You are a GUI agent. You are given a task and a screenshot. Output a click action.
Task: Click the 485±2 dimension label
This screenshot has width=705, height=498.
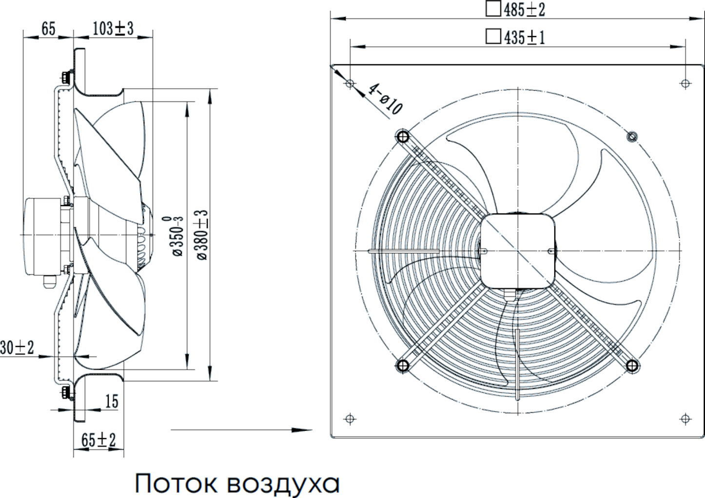click(524, 10)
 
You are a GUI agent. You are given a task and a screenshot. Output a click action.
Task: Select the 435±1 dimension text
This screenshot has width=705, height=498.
click(524, 38)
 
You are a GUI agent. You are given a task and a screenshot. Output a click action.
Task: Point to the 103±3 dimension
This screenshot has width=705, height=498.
click(113, 29)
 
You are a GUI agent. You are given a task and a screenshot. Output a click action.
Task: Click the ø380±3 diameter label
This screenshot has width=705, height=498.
click(203, 235)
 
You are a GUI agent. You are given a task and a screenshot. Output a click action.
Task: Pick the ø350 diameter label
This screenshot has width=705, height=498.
click(177, 236)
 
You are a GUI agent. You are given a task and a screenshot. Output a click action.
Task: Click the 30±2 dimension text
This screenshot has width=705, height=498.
click(17, 348)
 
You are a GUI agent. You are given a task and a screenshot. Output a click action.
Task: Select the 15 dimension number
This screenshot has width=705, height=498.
click(112, 402)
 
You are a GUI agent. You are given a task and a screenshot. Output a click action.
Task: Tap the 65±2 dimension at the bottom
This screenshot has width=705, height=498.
click(98, 440)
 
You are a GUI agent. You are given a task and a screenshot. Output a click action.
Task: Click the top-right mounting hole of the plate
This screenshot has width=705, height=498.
click(685, 83)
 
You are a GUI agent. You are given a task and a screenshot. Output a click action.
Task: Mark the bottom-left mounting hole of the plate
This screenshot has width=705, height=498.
click(350, 419)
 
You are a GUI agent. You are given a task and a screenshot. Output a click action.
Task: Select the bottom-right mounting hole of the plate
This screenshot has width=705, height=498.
click(685, 419)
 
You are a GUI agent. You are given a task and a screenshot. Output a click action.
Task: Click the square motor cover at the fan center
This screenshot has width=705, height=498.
click(517, 251)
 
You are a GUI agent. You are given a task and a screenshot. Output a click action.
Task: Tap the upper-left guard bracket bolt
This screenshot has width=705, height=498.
click(403, 136)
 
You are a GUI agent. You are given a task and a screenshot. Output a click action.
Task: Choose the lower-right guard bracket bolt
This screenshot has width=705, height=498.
click(632, 365)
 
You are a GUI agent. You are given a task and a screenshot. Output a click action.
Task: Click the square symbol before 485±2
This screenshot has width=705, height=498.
click(493, 9)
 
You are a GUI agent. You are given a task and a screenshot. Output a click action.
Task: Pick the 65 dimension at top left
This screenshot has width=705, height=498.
click(48, 29)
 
